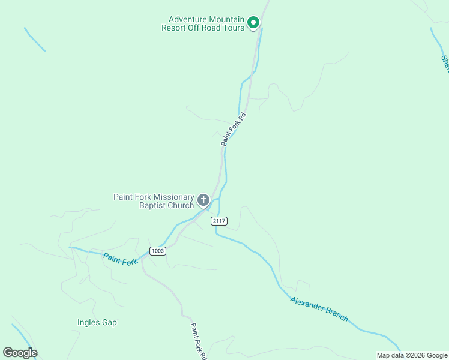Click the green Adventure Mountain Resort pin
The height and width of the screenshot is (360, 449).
click(x=253, y=23)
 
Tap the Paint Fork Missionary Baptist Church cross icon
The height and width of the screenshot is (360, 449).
click(x=203, y=200)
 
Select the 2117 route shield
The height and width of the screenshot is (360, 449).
click(x=219, y=221)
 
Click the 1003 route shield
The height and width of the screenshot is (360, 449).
click(x=158, y=251)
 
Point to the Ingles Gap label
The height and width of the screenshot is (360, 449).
click(x=97, y=323)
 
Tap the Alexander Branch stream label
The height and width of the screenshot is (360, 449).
click(x=319, y=309)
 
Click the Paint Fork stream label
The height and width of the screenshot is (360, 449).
click(x=121, y=259)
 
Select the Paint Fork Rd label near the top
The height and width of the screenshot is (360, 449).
click(x=234, y=129)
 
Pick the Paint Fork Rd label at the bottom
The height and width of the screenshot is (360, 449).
click(x=199, y=341)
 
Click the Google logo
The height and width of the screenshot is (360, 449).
click(x=20, y=353)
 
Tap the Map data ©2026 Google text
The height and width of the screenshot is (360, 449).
click(x=412, y=355)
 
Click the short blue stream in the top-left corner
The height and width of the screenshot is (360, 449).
click(x=35, y=40)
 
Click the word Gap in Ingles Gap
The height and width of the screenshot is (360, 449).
click(x=109, y=323)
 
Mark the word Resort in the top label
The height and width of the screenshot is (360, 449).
click(x=174, y=28)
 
